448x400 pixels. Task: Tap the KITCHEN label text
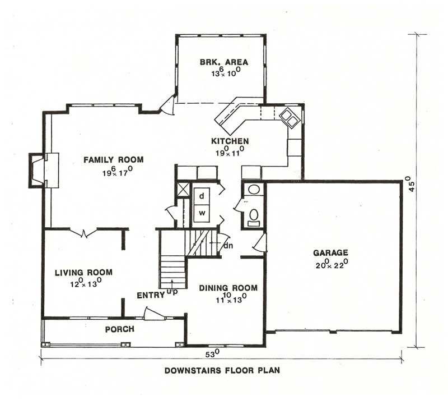[x=230, y=141]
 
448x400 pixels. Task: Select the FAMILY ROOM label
[x=114, y=160]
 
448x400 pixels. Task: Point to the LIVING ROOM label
[x=83, y=273]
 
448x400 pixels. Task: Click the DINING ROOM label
[x=228, y=288]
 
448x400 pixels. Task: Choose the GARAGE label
[x=330, y=253]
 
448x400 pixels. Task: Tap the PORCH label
[x=120, y=329]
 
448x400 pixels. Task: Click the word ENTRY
[x=150, y=295]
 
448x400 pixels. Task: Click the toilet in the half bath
[x=253, y=215]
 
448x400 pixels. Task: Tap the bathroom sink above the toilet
[x=253, y=189]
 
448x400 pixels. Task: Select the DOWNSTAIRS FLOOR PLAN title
[x=222, y=371]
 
